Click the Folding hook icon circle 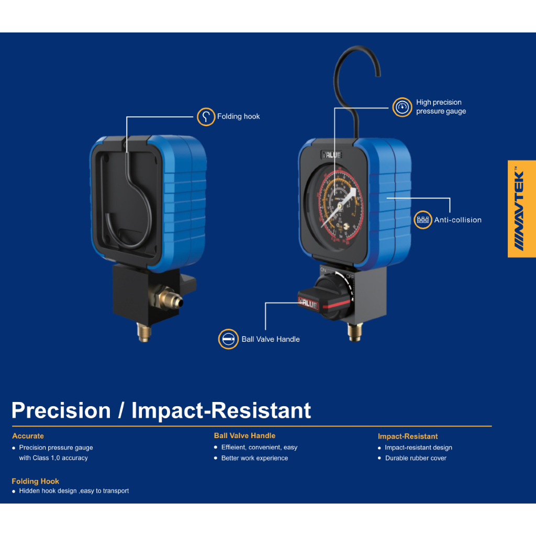(206, 117)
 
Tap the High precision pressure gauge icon (402, 107)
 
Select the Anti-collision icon (423, 220)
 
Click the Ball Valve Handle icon (228, 339)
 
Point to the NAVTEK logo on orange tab (521, 208)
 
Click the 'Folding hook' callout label (238, 117)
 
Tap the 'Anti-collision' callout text (457, 220)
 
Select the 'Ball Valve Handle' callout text (271, 339)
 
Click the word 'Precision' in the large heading (61, 410)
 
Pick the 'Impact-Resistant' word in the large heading (221, 410)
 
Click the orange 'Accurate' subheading (28, 436)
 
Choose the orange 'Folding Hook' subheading (36, 481)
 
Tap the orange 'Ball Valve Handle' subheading (244, 435)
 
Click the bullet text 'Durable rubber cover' (416, 458)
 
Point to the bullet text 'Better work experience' (254, 458)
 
